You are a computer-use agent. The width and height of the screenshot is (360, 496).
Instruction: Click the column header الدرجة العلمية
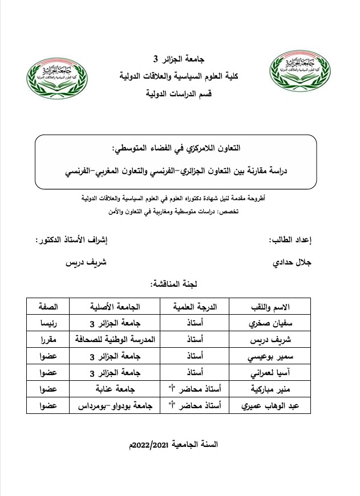[x=189, y=307]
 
